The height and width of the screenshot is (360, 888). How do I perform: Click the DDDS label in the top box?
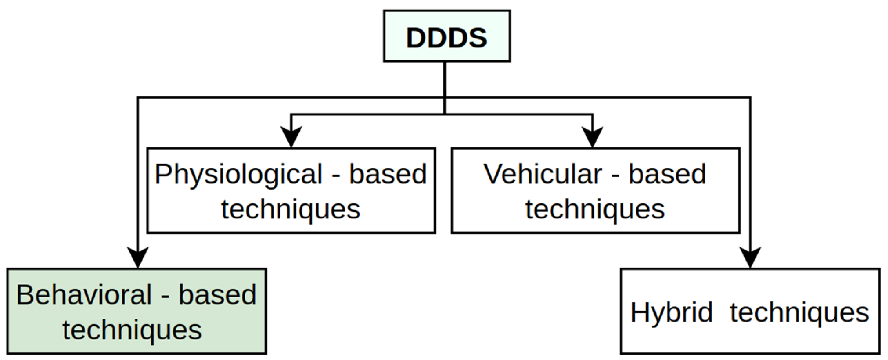click(447, 37)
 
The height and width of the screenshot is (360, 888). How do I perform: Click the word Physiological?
click(238, 174)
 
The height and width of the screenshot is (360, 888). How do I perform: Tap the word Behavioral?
click(84, 295)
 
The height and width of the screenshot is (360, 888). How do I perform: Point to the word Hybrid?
click(671, 313)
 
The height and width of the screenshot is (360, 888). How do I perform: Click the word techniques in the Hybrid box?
click(800, 313)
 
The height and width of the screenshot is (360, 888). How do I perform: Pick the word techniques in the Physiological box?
click(291, 210)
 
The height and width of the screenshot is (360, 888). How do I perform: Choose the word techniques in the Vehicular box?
click(595, 210)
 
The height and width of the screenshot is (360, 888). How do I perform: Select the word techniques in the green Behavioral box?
click(132, 330)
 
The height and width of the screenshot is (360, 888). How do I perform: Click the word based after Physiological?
click(388, 174)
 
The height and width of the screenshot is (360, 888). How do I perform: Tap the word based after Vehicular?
click(667, 174)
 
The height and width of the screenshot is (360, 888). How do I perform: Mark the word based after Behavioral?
click(217, 295)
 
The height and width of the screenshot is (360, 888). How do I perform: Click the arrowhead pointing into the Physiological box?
click(291, 137)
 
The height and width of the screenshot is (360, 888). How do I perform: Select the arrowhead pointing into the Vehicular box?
click(592, 137)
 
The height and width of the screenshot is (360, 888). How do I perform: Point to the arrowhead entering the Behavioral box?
click(137, 257)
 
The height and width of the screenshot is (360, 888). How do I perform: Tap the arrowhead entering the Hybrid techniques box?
click(750, 257)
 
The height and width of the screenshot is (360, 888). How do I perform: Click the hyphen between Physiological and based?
click(335, 176)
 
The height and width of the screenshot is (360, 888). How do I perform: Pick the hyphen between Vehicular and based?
click(615, 176)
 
